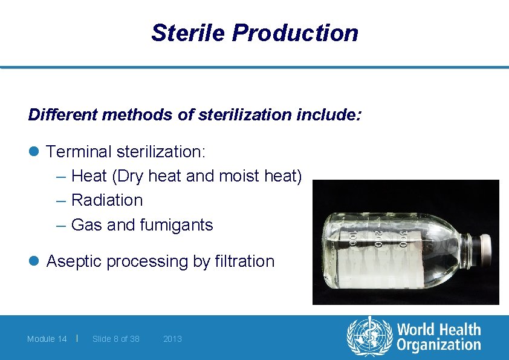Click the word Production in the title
tap(295, 33)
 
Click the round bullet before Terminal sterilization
tap(34, 151)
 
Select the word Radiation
tap(107, 200)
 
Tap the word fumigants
tap(177, 225)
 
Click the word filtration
tap(244, 261)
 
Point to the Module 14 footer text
tap(47, 339)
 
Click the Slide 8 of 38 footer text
tap(115, 339)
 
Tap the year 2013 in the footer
tap(172, 339)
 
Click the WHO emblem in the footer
tap(369, 337)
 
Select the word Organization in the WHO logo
tap(439, 345)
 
